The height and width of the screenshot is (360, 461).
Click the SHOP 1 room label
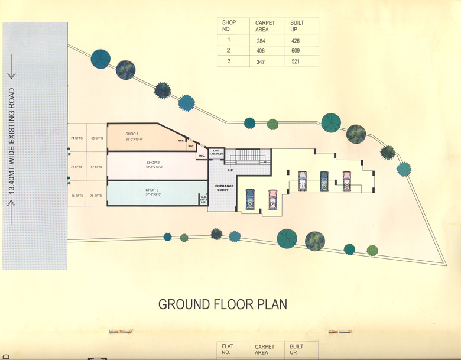click(131, 134)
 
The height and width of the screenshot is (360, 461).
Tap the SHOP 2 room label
click(153, 162)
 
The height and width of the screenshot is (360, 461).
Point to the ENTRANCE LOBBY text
click(225, 189)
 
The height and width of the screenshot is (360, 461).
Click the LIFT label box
click(216, 153)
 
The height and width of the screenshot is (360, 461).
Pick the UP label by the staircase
click(230, 170)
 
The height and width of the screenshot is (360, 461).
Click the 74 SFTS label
click(77, 138)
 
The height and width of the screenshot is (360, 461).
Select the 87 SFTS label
click(96, 167)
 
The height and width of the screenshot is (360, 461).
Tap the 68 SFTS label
click(77, 196)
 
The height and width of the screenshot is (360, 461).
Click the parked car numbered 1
click(249, 200)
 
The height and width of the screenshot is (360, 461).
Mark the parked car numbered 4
click(324, 181)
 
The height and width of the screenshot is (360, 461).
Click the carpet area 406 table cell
click(261, 51)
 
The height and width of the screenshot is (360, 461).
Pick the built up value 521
click(295, 61)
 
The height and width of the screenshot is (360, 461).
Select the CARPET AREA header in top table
click(265, 27)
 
